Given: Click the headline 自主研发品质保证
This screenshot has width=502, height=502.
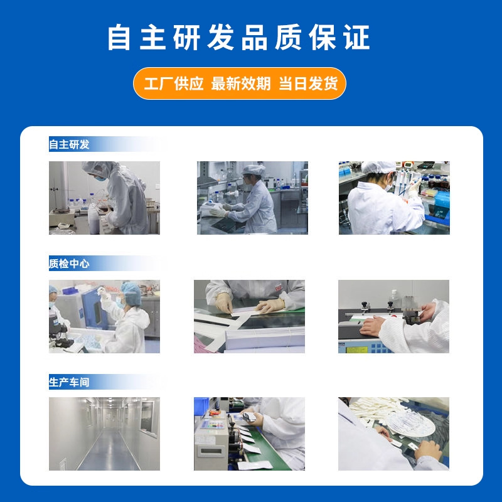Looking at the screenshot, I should pos(238,38).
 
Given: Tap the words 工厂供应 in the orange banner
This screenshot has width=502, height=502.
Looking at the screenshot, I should pos(174,84).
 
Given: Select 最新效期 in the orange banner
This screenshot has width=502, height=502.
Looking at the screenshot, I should pos(241,84).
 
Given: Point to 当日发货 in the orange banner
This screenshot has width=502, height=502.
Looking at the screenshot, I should pos(308,84).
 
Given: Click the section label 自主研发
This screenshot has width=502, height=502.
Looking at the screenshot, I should pos(70,144).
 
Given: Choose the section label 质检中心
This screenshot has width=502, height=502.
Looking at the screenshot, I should pos(70,264).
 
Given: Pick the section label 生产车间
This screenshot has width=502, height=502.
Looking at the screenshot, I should pos(70,382).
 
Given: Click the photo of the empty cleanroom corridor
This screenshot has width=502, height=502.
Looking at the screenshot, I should pos(104,434).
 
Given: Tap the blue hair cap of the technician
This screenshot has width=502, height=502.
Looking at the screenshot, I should pos(131,288).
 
